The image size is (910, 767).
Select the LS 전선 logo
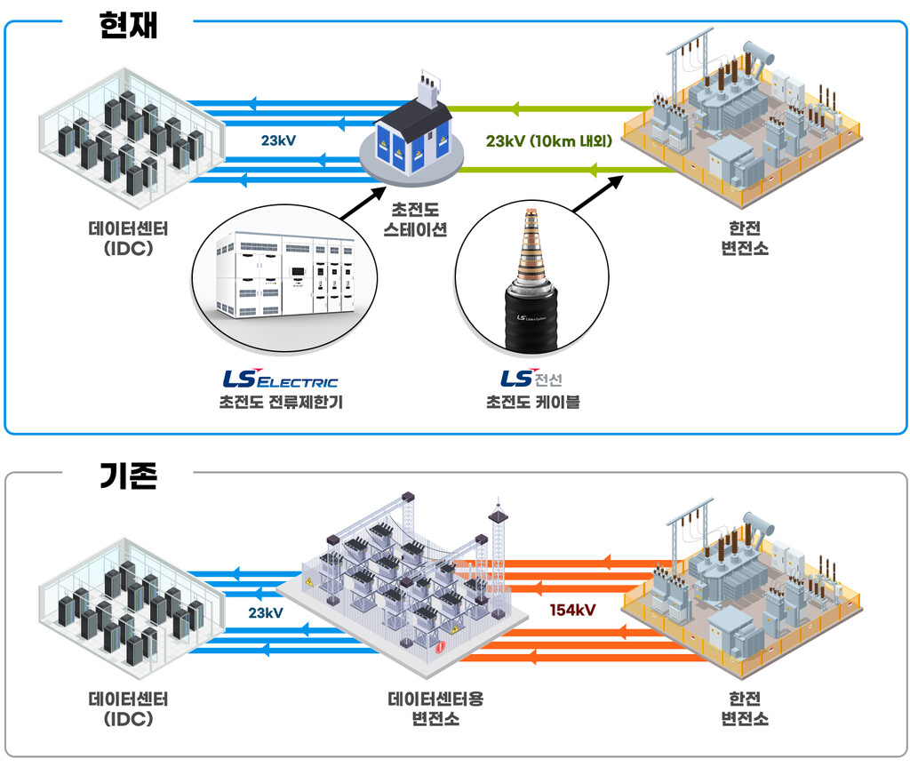pyautogui.click(x=531, y=379)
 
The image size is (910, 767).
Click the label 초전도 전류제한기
pyautogui.click(x=281, y=402)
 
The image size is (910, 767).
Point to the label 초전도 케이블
pyautogui.click(x=532, y=402)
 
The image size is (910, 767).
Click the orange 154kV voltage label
pyautogui.click(x=572, y=610)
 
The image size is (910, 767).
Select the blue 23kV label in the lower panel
pyautogui.click(x=266, y=612)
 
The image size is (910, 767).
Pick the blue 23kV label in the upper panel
pyautogui.click(x=278, y=140)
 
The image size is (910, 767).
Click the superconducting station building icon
pyautogui.click(x=412, y=133)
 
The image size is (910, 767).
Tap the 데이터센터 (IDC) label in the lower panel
pyautogui.click(x=128, y=708)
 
